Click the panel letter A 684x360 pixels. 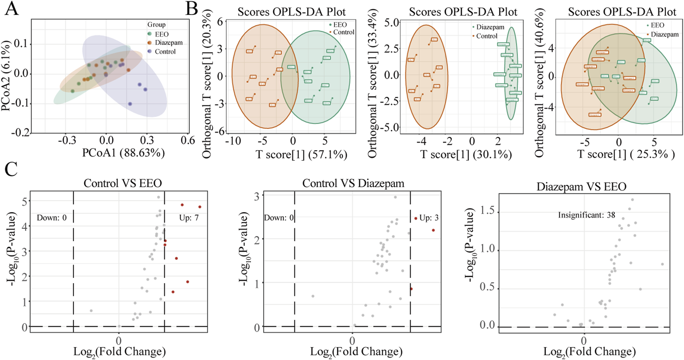(12, 8)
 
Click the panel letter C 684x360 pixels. (11, 169)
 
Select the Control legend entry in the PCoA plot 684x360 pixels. (165, 51)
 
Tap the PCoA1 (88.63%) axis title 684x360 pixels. (124, 153)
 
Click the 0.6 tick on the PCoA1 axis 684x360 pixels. (188, 140)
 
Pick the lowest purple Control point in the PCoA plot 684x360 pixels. (130, 104)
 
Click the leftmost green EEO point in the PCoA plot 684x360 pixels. (73, 91)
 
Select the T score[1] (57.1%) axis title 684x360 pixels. (301, 155)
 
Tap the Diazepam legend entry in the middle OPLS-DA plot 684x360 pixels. (490, 27)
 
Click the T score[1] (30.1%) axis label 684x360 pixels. (466, 155)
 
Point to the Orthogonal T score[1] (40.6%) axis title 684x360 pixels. (540, 83)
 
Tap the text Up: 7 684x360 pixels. (189, 218)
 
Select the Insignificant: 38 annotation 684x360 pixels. (586, 215)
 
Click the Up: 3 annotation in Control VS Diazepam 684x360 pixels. (429, 218)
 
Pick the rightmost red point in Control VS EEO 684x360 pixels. (200, 207)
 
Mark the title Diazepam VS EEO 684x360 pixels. (581, 187)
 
